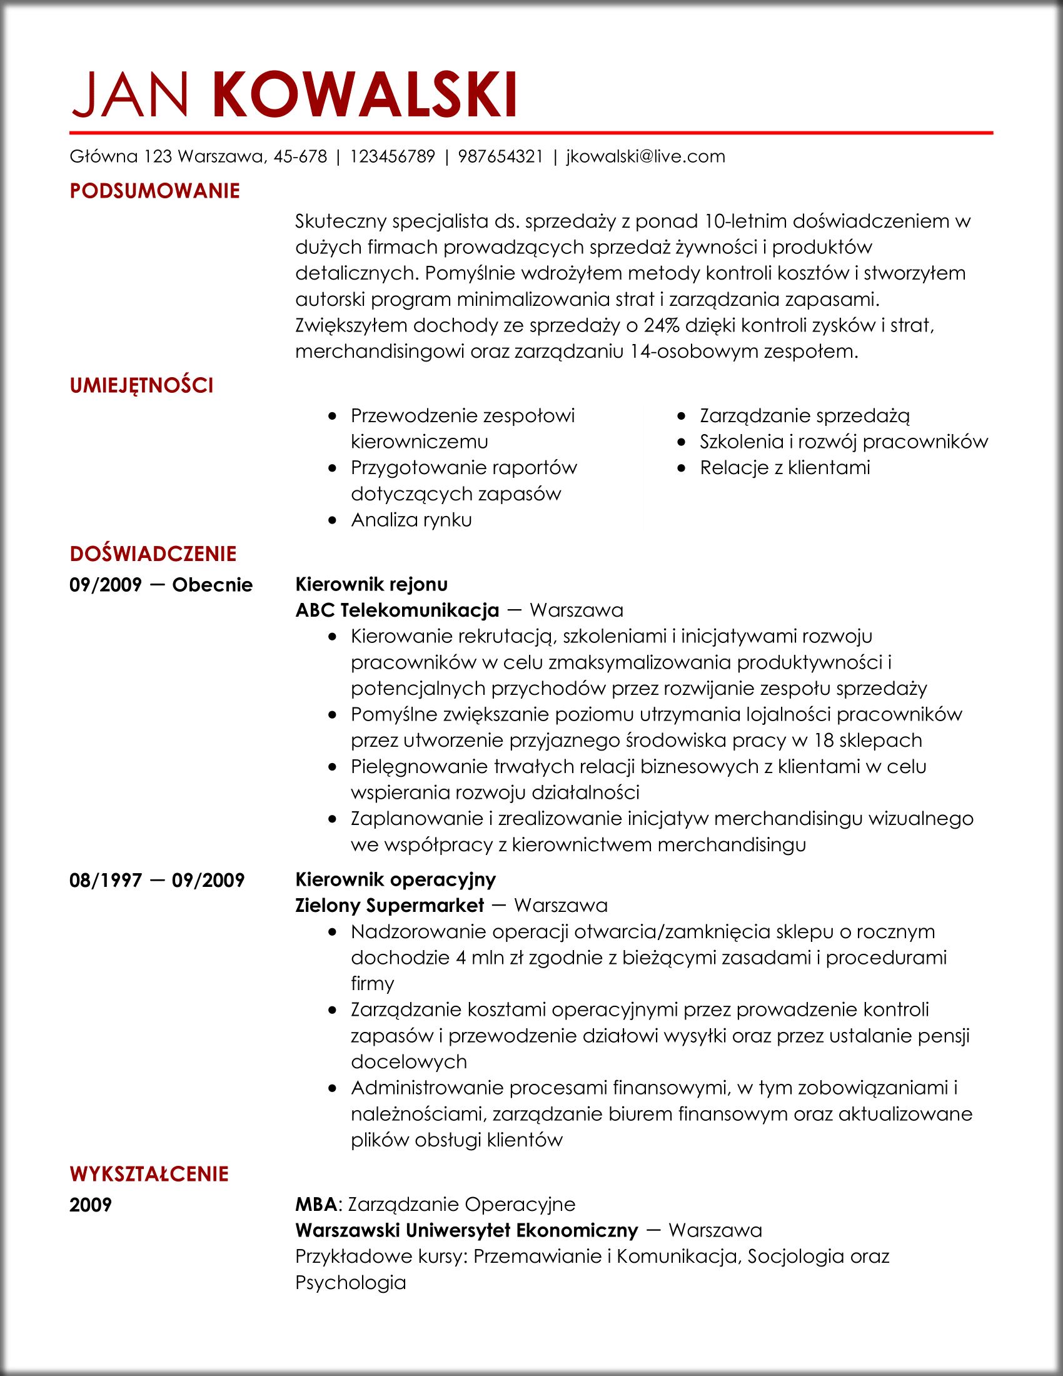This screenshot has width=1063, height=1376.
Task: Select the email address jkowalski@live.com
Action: [645, 156]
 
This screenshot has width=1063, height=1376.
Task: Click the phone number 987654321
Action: [500, 156]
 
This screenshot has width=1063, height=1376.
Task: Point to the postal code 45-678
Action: [300, 156]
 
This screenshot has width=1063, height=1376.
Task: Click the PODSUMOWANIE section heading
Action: [155, 191]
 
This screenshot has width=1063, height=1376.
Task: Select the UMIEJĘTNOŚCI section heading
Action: [142, 385]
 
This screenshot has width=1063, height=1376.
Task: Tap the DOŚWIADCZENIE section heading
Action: [153, 554]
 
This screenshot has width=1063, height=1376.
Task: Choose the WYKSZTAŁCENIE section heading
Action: [149, 1174]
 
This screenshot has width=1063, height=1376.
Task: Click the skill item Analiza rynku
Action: [411, 520]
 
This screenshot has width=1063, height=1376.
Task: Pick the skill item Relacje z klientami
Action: [785, 467]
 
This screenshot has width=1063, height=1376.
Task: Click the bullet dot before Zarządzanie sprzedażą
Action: [682, 417]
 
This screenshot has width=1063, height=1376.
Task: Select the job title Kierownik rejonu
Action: [371, 584]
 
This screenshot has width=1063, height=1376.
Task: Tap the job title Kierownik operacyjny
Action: [395, 879]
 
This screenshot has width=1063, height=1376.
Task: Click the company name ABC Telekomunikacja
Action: [397, 610]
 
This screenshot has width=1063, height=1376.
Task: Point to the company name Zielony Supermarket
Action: [389, 906]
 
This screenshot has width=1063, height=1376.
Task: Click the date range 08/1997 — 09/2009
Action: [157, 880]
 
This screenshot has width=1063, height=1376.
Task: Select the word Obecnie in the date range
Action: [212, 585]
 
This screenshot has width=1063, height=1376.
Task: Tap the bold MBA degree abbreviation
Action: [316, 1204]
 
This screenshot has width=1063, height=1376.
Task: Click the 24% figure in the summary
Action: [661, 325]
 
